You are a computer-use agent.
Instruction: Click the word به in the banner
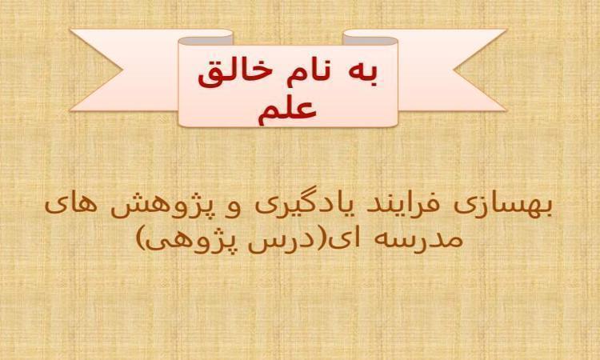[x=366, y=74]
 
